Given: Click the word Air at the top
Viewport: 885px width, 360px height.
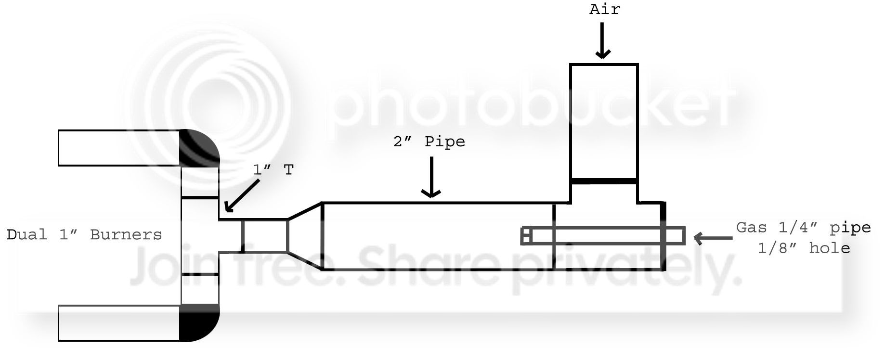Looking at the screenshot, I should [605, 9].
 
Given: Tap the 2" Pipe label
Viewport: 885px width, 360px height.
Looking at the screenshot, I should [429, 142].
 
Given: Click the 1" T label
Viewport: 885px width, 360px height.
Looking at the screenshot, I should [273, 170].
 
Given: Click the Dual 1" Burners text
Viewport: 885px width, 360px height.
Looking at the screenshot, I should [84, 235].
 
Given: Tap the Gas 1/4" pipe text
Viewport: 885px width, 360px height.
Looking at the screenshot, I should [803, 228].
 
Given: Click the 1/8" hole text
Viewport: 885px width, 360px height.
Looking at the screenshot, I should [803, 248].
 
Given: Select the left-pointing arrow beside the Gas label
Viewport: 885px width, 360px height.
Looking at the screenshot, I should [713, 237].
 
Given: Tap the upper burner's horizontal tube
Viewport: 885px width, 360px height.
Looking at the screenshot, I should [118, 148].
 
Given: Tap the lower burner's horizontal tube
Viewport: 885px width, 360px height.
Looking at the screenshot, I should [118, 323].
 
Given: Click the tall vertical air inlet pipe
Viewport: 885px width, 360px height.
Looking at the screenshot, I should [604, 120].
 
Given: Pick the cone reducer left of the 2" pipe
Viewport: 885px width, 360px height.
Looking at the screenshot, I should [304, 236].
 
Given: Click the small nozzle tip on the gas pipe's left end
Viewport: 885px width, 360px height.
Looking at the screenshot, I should [526, 236].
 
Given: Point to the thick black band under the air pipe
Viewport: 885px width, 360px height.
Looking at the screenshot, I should [604, 181].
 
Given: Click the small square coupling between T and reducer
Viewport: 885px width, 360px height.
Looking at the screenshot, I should [264, 236].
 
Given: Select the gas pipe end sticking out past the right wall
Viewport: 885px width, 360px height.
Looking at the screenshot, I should [675, 236].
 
